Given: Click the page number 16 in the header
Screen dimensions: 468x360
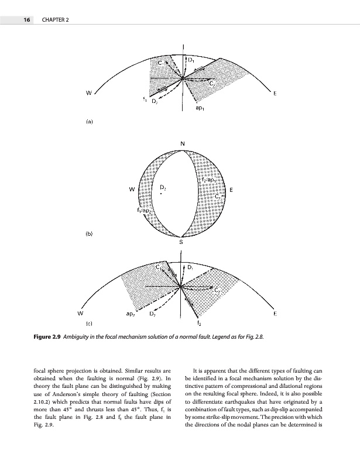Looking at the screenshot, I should (x=26, y=20).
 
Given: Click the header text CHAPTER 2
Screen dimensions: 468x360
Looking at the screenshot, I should (x=56, y=20).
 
